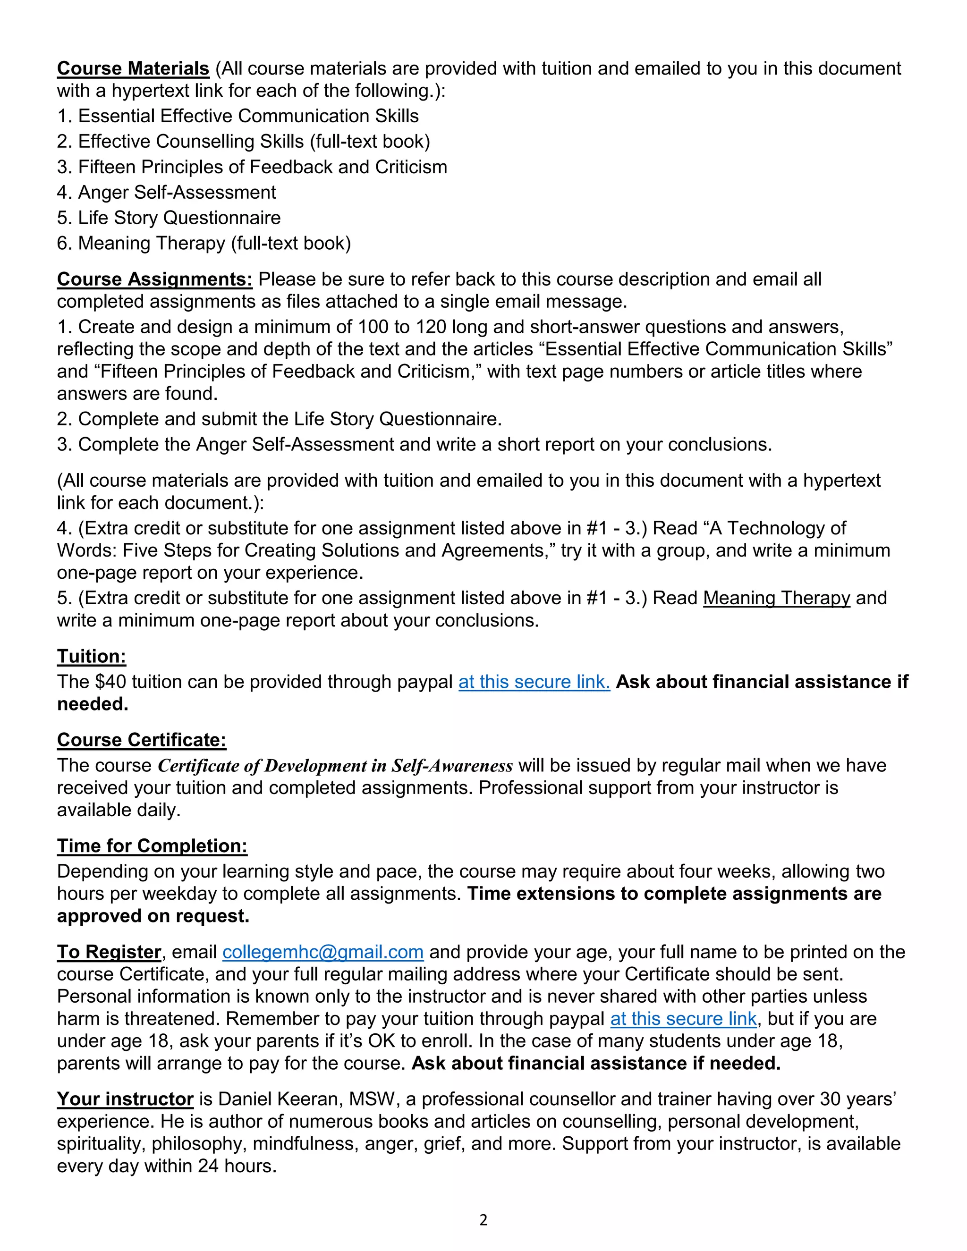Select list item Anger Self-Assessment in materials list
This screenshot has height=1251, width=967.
[166, 193]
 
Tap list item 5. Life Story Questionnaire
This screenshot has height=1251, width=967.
[169, 218]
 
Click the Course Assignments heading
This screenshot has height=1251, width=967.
[155, 279]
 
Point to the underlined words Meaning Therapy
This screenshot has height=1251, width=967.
[776, 598]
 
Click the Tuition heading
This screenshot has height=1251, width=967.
[91, 657]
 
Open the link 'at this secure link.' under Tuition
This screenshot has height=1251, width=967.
[534, 682]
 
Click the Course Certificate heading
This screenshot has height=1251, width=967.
[142, 740]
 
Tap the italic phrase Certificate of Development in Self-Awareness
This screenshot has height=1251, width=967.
[335, 766]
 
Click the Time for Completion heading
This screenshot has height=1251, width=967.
[152, 846]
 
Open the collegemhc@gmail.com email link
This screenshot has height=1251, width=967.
[322, 952]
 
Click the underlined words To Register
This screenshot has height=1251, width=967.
[109, 952]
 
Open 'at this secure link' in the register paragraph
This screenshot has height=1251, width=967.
[683, 1019]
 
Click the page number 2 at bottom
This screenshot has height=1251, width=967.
[483, 1220]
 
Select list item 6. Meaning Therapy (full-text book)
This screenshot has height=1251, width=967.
[204, 244]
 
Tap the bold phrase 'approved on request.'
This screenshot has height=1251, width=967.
[153, 916]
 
